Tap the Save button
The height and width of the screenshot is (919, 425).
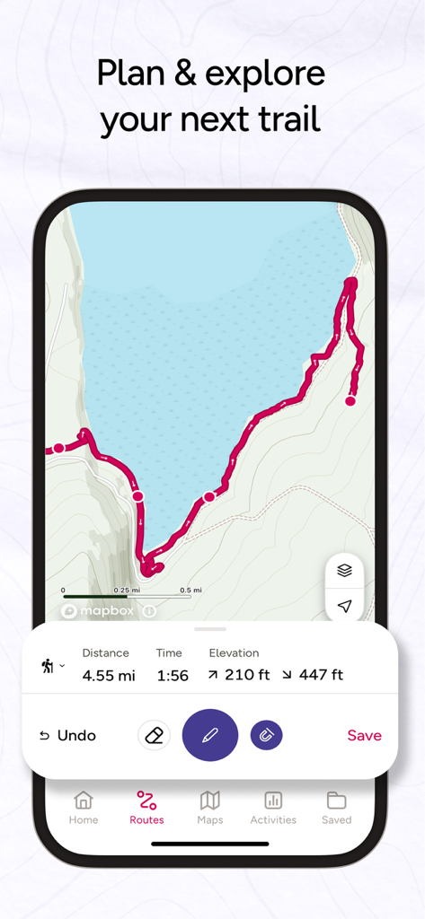pos(364,735)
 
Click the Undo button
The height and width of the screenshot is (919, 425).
pos(68,735)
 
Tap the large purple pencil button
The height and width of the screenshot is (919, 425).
pos(209,735)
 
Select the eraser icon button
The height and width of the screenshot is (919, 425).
pos(154,735)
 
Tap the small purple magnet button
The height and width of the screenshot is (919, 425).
pos(266,735)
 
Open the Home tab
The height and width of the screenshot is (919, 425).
pos(84,807)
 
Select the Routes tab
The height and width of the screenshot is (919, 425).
pos(146,807)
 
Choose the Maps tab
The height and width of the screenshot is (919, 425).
pos(210,807)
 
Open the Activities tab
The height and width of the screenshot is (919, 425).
pos(273,807)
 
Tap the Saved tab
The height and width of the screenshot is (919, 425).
pos(337,807)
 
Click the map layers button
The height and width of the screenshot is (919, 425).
pos(344,570)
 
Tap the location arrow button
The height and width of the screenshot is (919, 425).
pos(344,606)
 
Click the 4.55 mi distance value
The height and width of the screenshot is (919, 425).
pos(109,675)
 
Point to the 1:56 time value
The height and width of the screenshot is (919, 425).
pos(173,675)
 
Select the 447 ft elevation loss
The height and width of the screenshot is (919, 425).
pos(314,675)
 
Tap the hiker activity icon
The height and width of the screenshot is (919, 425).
pos(48,666)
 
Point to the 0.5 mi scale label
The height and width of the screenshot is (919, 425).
pos(190,590)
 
